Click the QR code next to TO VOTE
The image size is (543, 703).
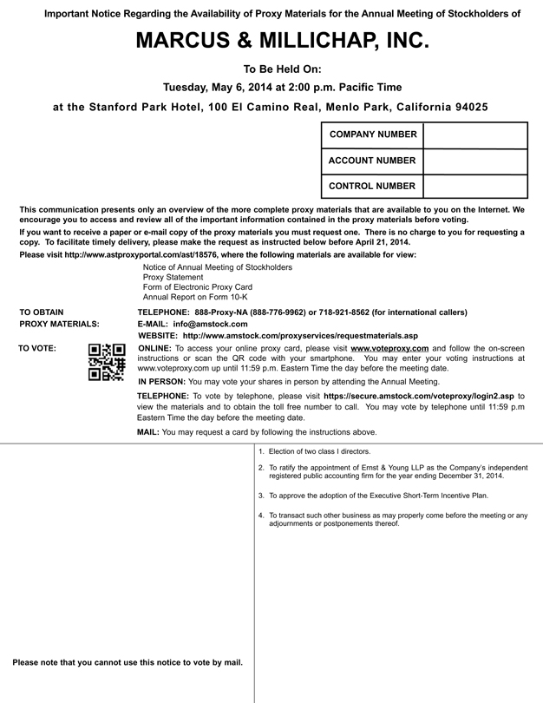[108, 363]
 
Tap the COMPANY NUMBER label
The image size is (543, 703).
[371, 135]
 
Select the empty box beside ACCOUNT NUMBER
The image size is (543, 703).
[475, 161]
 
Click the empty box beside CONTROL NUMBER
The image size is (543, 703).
[475, 186]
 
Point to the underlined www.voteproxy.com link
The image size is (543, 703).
[389, 347]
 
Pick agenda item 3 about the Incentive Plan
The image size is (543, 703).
[378, 496]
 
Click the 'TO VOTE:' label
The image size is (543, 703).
[37, 347]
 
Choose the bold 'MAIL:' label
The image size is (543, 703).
[148, 431]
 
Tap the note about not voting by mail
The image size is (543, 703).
[128, 662]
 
